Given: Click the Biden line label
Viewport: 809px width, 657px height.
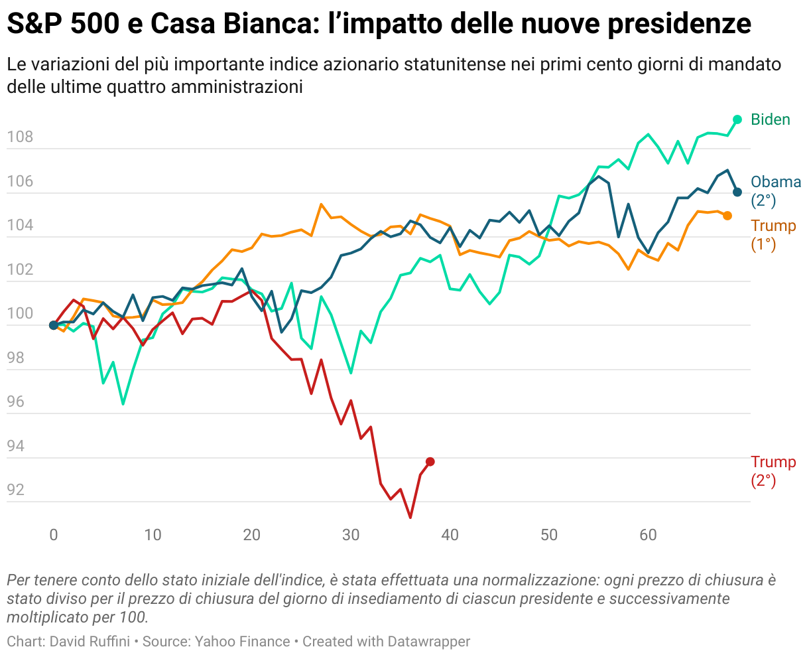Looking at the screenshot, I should tap(770, 119).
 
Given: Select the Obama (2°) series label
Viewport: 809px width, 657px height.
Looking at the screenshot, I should tap(775, 191).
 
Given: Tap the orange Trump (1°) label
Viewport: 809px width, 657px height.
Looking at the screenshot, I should tap(773, 235).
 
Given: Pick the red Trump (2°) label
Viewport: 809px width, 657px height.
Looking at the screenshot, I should tap(773, 471).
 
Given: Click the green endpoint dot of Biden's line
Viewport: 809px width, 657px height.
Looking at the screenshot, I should tap(737, 119).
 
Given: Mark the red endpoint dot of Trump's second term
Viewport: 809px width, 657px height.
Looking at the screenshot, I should tap(430, 461).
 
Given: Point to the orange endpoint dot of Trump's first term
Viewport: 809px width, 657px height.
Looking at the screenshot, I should tap(727, 216).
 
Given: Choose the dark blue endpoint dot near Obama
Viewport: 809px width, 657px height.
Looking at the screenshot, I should tap(737, 192).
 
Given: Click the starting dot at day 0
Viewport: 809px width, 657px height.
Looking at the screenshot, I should tap(54, 325).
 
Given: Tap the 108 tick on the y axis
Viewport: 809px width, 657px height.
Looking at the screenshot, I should tap(20, 138).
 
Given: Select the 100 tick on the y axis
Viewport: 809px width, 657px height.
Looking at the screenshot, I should tap(20, 314).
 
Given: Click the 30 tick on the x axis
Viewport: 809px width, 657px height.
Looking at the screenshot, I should tap(351, 535).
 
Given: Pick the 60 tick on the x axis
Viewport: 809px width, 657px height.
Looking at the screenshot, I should tap(648, 535).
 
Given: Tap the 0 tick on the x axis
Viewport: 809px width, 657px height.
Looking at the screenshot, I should tap(54, 535).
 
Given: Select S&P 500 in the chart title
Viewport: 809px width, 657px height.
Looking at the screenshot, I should tap(67, 25).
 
